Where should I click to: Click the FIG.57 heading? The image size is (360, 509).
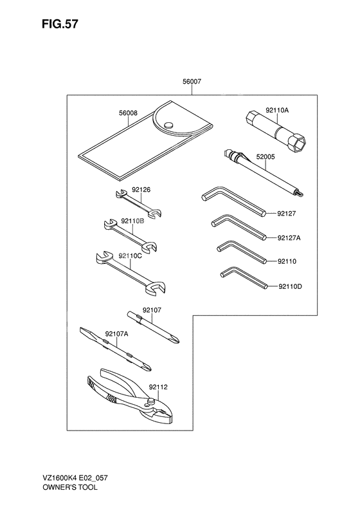tap(60, 24)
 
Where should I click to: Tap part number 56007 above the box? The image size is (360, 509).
tap(192, 82)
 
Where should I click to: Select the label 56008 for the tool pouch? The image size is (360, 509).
tap(128, 113)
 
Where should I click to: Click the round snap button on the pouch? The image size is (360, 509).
tap(168, 125)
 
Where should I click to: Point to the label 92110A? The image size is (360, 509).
tap(277, 110)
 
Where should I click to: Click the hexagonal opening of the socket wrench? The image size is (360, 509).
tap(298, 143)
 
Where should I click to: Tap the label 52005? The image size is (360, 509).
tap(265, 157)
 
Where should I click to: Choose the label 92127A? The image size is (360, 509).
tap(289, 238)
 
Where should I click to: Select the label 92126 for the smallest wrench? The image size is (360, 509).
tap(141, 190)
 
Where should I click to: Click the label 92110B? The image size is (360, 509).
tap(132, 221)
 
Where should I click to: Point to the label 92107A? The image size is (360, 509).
tap(116, 333)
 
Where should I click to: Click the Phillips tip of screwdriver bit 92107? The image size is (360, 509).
tap(175, 339)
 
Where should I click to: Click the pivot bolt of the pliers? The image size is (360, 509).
tap(150, 402)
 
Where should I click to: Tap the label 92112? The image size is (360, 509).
tap(158, 387)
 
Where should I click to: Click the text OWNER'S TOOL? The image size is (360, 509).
tap(69, 487)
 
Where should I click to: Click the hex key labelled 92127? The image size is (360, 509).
tap(233, 202)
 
